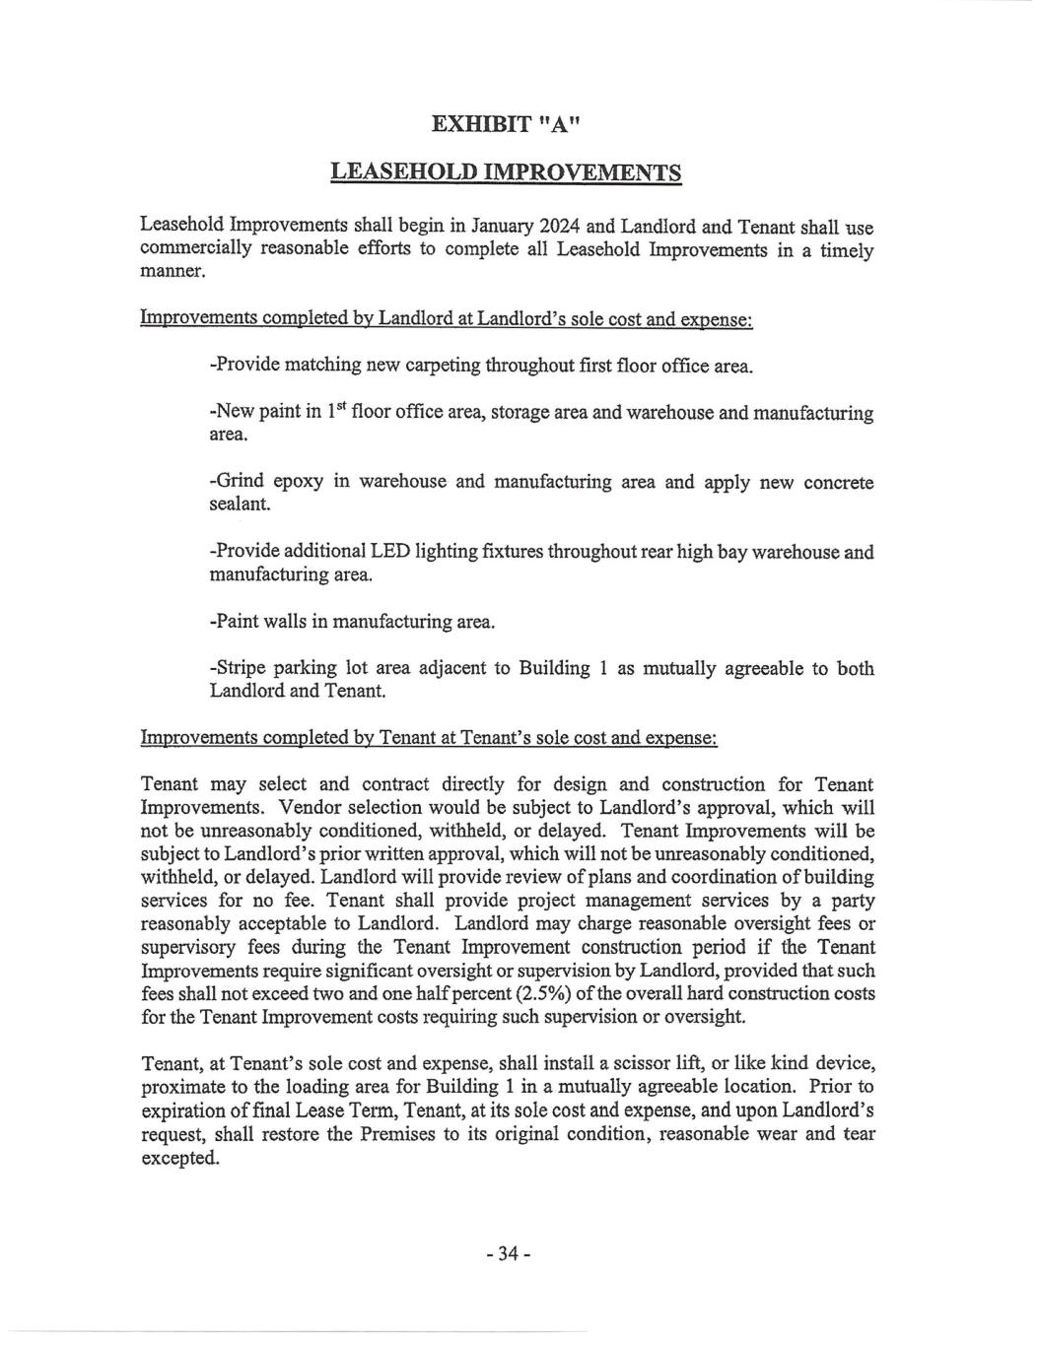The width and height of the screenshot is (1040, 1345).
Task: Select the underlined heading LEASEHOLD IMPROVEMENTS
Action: coord(506,172)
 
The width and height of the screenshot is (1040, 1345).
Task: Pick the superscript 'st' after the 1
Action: coord(340,406)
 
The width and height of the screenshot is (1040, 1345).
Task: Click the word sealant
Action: coord(240,504)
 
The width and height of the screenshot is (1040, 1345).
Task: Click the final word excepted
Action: coord(180,1158)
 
